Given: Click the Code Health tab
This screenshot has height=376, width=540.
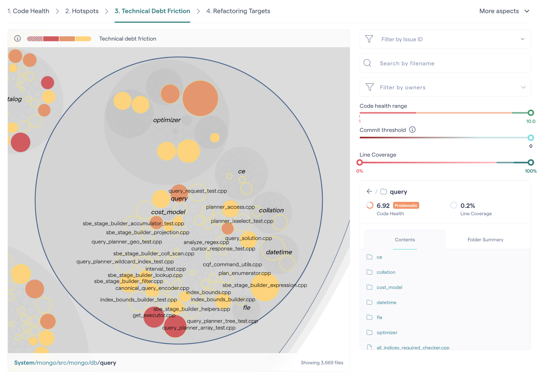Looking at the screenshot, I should pyautogui.click(x=28, y=11).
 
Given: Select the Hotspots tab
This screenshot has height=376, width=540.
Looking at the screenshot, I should pyautogui.click(x=82, y=11).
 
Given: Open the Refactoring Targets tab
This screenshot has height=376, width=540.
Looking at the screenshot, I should pyautogui.click(x=238, y=11).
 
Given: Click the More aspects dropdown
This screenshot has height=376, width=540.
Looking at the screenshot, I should pyautogui.click(x=504, y=11).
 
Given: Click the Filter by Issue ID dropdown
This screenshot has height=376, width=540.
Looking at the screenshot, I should pyautogui.click(x=445, y=39).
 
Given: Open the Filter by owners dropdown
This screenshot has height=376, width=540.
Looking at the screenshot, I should pyautogui.click(x=445, y=87).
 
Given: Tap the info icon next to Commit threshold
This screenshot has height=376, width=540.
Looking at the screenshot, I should pyautogui.click(x=412, y=130).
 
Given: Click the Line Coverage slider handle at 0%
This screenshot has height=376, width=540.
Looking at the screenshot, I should pyautogui.click(x=360, y=162).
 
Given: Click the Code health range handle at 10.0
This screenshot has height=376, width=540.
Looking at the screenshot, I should pyautogui.click(x=531, y=113).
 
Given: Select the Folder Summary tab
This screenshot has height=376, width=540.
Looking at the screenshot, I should pyautogui.click(x=485, y=240).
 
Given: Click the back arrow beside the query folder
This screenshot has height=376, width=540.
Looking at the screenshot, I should pyautogui.click(x=369, y=191).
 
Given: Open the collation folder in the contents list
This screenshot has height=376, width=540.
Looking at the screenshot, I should pyautogui.click(x=386, y=272).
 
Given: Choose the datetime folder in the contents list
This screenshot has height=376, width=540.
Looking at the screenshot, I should pyautogui.click(x=386, y=302).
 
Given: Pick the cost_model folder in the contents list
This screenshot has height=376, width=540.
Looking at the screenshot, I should pyautogui.click(x=389, y=287).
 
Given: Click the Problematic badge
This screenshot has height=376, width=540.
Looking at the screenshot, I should pyautogui.click(x=406, y=206).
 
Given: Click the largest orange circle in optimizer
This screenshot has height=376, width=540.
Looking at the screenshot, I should pyautogui.click(x=200, y=98).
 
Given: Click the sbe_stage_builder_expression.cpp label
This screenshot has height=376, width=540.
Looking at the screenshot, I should pyautogui.click(x=264, y=285).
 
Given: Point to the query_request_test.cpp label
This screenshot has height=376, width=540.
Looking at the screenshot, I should pyautogui.click(x=197, y=191).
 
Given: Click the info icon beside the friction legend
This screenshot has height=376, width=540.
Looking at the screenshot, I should pyautogui.click(x=17, y=38).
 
